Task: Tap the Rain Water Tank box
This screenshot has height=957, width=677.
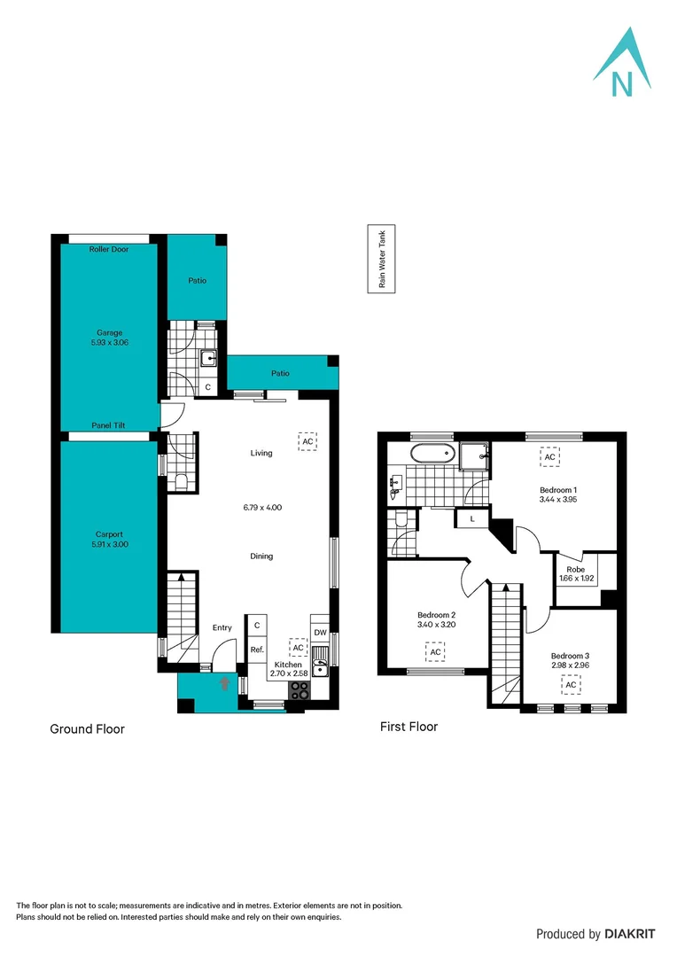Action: click(x=383, y=258)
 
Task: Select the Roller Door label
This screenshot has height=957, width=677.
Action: click(x=109, y=250)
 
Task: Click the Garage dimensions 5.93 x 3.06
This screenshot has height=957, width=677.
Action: click(x=110, y=342)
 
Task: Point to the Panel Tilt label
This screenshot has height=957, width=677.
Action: click(x=109, y=426)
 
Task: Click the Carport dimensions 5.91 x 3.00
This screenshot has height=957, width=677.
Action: click(x=109, y=545)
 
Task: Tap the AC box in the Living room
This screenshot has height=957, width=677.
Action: click(x=307, y=441)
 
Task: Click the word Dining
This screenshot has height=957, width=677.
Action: click(x=261, y=556)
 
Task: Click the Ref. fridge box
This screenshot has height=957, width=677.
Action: click(x=256, y=650)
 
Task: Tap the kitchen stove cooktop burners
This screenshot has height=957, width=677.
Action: click(x=297, y=692)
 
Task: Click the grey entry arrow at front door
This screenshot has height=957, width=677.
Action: click(x=224, y=684)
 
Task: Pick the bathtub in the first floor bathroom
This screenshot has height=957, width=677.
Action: click(x=432, y=456)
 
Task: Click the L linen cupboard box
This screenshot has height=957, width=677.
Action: click(x=472, y=519)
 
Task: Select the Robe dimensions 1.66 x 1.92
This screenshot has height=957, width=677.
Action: click(x=576, y=579)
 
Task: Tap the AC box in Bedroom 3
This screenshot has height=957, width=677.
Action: click(x=572, y=685)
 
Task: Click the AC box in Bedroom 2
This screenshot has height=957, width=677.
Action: click(x=435, y=653)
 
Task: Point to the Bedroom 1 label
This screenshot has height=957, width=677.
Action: click(x=558, y=490)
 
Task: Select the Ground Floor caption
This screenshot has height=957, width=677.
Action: click(x=87, y=729)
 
